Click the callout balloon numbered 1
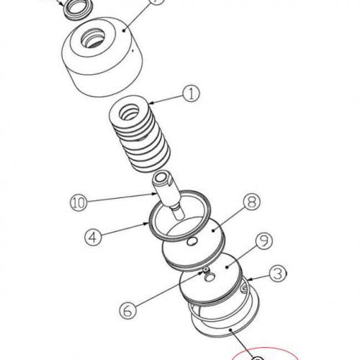coord(189,92)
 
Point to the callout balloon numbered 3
coord(276,274)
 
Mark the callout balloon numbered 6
coord(126,310)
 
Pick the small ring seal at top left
coord(74,9)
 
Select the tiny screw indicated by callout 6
coord(205,271)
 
